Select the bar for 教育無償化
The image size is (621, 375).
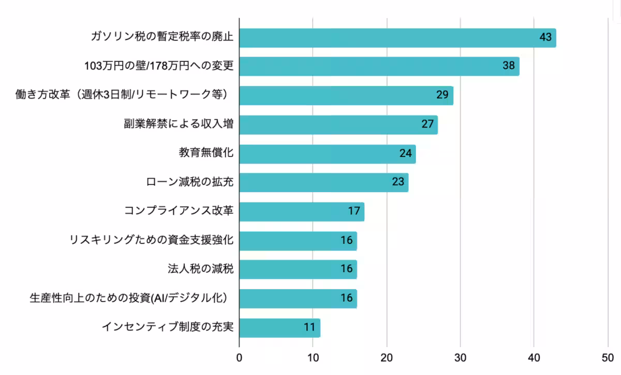pyautogui.click(x=327, y=154)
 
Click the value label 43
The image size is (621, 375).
pyautogui.click(x=545, y=38)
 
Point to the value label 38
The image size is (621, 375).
pyautogui.click(x=509, y=67)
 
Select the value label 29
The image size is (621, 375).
pyautogui.click(x=442, y=96)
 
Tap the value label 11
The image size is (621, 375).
pyautogui.click(x=309, y=327)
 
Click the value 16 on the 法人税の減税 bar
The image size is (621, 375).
pyautogui.click(x=346, y=269)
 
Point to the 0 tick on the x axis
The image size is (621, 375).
pyautogui.click(x=239, y=357)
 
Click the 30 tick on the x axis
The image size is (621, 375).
pyautogui.click(x=460, y=357)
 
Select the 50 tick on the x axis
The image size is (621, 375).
pyautogui.click(x=608, y=357)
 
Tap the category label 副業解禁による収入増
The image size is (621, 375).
pyautogui.click(x=178, y=124)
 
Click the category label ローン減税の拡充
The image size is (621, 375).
pyautogui.click(x=190, y=182)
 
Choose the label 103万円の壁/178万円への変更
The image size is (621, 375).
pyautogui.click(x=159, y=67)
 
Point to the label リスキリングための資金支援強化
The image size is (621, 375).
pyautogui.click(x=152, y=240)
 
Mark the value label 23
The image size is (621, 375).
pyautogui.click(x=397, y=182)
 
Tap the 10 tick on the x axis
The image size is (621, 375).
pyautogui.click(x=313, y=357)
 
